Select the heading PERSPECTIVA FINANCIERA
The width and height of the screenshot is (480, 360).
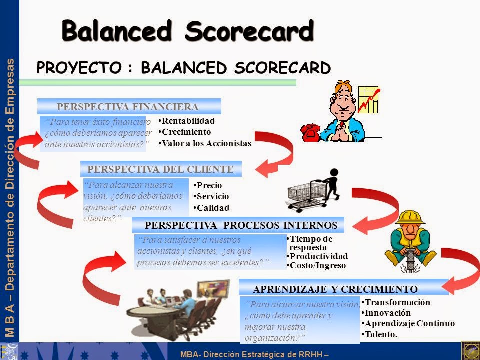128,106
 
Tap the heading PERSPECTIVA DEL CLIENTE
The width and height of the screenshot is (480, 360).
160,169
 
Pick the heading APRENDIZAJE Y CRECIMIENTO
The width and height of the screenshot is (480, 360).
335,289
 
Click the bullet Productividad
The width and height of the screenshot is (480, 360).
318,256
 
